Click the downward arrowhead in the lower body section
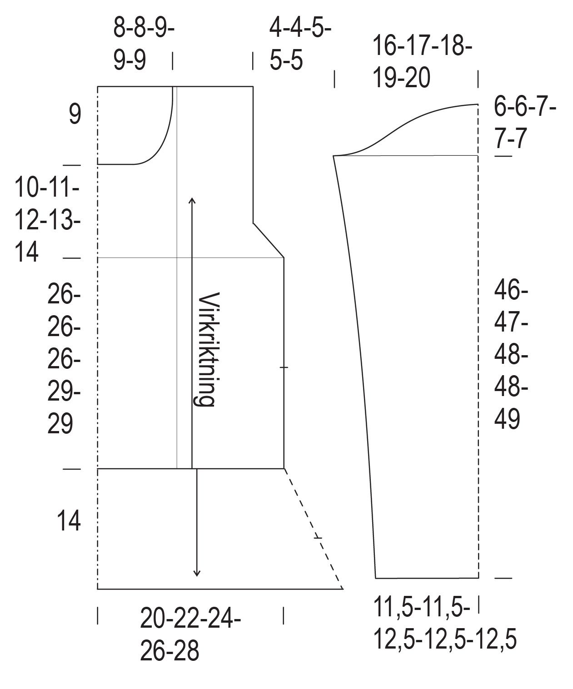[197, 610]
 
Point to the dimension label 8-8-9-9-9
[144, 44]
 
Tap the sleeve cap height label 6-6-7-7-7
[525, 123]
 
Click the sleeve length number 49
[507, 419]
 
